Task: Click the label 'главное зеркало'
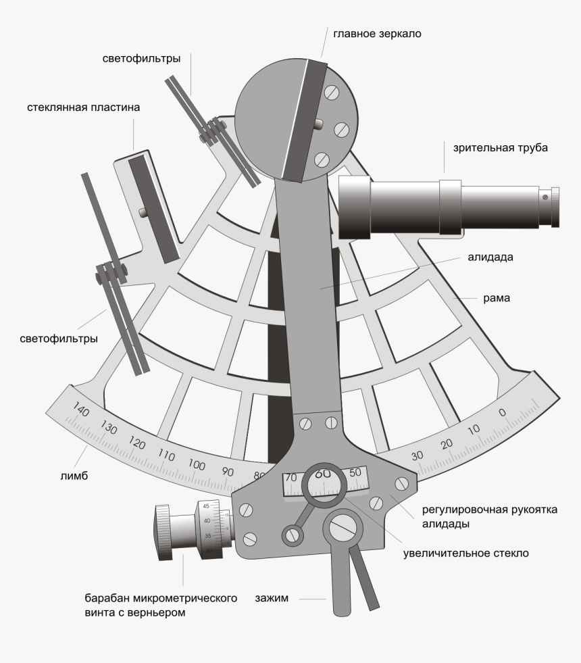[x=377, y=33]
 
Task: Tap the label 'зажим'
[x=271, y=598]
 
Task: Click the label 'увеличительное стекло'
[x=465, y=553]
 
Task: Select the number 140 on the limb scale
[x=81, y=412]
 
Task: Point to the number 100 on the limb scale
[x=197, y=465]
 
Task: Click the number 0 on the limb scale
[x=501, y=412]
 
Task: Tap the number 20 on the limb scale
[x=447, y=443]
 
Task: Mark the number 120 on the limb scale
[x=138, y=443]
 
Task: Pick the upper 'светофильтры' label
[x=141, y=59]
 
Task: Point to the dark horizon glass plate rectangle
[x=153, y=208]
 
